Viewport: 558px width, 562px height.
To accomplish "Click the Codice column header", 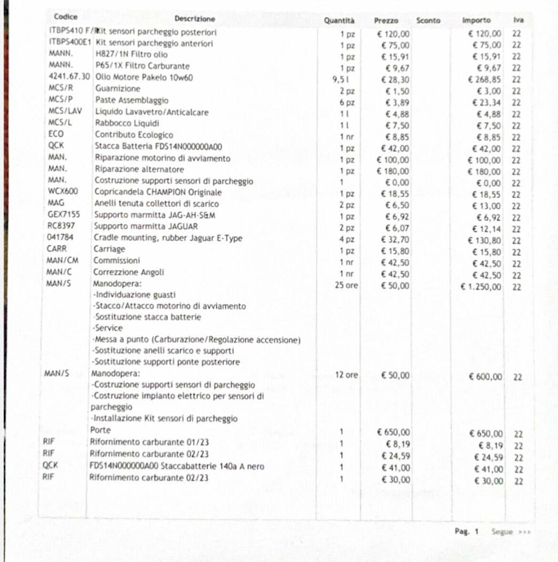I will pos(66,17).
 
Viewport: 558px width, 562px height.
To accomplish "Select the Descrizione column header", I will pos(195,19).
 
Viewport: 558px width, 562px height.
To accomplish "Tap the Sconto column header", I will pos(428,20).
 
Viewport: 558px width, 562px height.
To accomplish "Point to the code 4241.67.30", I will pos(69,76).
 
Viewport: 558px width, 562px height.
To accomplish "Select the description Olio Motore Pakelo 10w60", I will pos(144,77).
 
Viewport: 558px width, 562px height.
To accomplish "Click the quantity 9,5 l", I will pos(341,80).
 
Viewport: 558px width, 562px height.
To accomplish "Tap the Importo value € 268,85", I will pos(485,80).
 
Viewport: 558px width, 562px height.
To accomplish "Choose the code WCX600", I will pos(63,191).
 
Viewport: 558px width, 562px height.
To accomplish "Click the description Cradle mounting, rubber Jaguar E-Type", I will pos(168,238).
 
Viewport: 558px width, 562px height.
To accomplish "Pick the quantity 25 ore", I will pos(346,285).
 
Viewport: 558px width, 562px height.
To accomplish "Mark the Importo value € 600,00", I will pos(485,377).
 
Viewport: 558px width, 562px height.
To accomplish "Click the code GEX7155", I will pos(64,214).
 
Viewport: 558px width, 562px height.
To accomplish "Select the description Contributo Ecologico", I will pos(134,135).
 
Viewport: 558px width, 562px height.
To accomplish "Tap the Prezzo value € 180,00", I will pos(393,171).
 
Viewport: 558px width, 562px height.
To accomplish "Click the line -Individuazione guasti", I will pos(134,295).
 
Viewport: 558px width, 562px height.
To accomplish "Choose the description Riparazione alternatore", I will pos(139,169).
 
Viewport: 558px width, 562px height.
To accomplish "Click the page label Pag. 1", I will pos(466,531).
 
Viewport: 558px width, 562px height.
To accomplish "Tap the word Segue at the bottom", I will pos(502,531).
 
